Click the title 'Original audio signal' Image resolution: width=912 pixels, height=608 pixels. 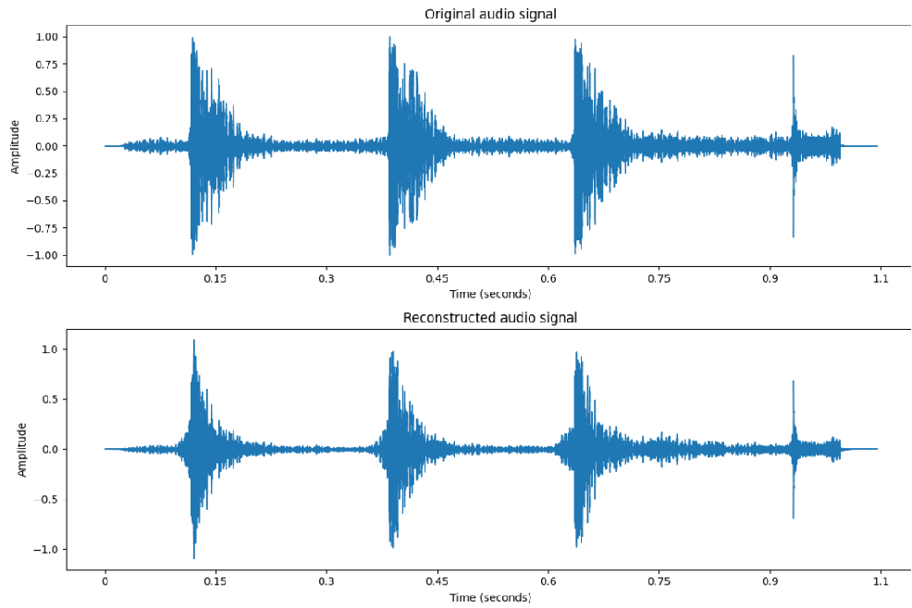coord(489,14)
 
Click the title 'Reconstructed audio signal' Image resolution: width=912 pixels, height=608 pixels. coord(489,318)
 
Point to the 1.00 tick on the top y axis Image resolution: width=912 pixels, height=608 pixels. coord(45,37)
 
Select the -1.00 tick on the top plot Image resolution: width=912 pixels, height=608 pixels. coord(43,255)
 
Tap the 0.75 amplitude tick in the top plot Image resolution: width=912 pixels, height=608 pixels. coord(45,65)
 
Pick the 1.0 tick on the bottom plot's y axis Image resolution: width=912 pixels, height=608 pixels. coord(51,349)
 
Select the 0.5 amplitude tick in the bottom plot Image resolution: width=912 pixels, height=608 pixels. coord(51,399)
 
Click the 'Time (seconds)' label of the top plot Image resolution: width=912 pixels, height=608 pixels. coord(490,294)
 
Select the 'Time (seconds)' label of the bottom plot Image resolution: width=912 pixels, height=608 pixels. coord(490,597)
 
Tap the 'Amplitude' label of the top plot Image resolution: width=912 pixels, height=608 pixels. coord(15,146)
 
